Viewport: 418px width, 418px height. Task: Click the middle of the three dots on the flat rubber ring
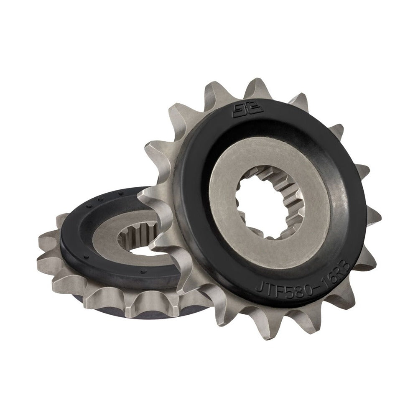pos(99,200)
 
